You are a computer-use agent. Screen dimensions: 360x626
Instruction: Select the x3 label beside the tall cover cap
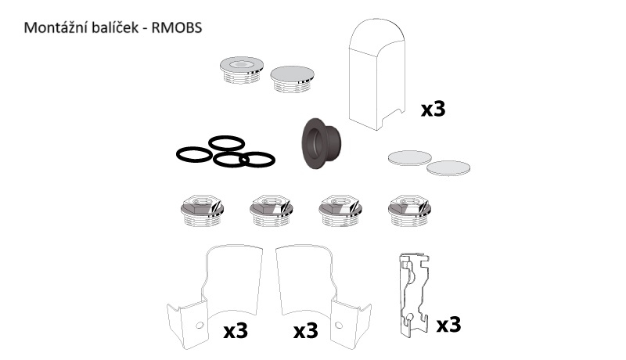(x=433, y=109)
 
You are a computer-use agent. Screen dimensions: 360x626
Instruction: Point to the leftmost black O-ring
(x=194, y=154)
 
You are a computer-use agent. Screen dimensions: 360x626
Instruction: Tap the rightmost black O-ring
(x=257, y=160)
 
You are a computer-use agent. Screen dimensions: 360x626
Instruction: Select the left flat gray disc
(x=409, y=157)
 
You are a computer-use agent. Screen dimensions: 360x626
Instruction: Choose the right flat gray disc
(x=448, y=167)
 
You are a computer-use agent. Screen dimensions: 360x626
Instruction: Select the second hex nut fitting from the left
(x=271, y=210)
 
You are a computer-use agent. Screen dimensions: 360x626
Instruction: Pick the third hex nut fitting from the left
(x=340, y=210)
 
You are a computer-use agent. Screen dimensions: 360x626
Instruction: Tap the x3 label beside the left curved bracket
(x=235, y=331)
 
